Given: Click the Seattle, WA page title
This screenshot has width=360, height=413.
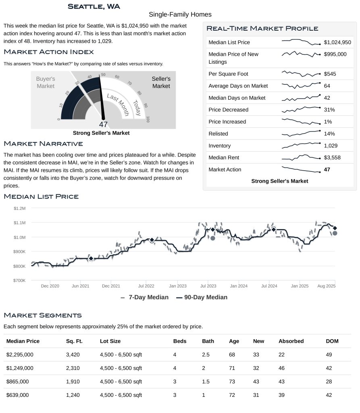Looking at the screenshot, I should click(x=94, y=6).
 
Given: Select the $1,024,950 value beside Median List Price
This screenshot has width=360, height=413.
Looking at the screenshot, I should click(x=337, y=42).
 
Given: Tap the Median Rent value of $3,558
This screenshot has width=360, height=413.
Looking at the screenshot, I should click(x=332, y=158).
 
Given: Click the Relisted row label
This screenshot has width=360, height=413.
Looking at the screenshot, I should click(x=218, y=133).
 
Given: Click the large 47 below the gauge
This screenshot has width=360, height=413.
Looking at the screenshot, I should click(x=103, y=125).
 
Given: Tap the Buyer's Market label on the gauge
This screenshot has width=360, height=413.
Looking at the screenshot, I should click(x=46, y=82).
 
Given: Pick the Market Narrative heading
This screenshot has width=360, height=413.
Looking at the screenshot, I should click(x=43, y=144).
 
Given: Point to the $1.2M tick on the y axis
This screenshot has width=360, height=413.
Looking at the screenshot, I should click(x=19, y=209).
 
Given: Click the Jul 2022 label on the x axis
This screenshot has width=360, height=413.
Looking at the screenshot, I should click(x=146, y=286).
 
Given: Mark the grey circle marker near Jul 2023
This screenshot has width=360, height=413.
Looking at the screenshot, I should click(x=213, y=238).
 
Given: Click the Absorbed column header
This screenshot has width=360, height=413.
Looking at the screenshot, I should click(x=291, y=341).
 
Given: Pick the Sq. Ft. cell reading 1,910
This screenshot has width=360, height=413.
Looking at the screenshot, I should click(x=74, y=382).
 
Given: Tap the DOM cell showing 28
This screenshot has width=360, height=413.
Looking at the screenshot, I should click(x=329, y=382).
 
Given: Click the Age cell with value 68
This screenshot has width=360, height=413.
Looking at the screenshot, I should click(x=232, y=355).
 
